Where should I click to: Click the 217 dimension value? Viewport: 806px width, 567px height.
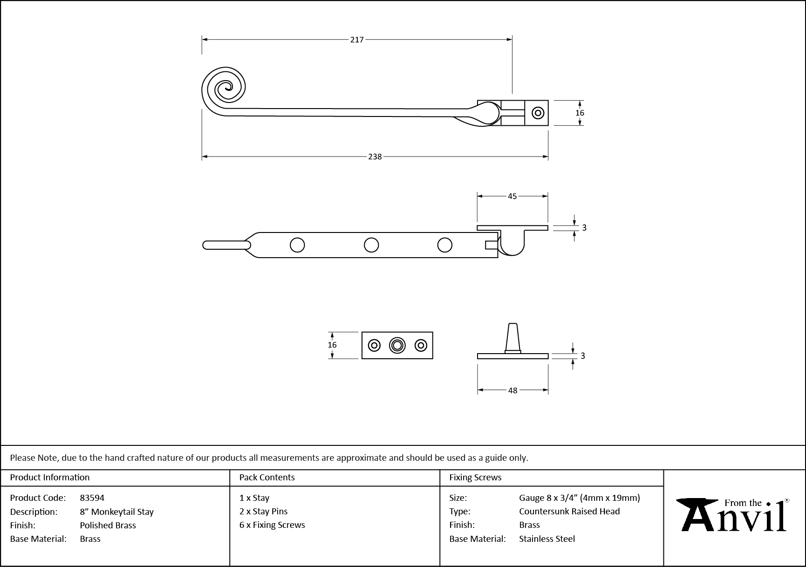click(x=356, y=40)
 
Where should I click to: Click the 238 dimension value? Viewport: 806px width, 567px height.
click(x=375, y=157)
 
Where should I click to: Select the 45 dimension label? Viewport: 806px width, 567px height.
click(x=512, y=196)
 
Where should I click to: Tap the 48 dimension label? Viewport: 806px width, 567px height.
click(x=512, y=390)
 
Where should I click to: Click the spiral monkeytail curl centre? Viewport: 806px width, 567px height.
click(x=227, y=86)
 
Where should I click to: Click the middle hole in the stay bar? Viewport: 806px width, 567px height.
click(x=371, y=245)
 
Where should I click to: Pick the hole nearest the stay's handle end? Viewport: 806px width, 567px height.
click(x=297, y=245)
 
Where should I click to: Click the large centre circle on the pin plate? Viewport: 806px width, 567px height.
click(x=397, y=345)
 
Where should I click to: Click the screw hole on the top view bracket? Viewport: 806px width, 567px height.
click(x=538, y=113)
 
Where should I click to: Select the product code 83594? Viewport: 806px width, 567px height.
click(x=92, y=498)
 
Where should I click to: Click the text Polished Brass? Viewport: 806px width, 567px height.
click(x=108, y=525)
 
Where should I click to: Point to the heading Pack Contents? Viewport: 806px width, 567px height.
click(x=267, y=477)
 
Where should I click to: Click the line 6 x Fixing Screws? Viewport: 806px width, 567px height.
click(x=272, y=525)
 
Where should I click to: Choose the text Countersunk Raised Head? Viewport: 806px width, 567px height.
click(x=569, y=511)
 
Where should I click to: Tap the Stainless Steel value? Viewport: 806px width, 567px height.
click(x=547, y=539)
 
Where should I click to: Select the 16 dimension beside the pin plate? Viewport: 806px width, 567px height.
click(x=332, y=345)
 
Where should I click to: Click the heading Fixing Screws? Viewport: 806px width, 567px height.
click(x=475, y=477)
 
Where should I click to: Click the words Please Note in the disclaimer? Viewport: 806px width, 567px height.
click(x=34, y=458)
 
